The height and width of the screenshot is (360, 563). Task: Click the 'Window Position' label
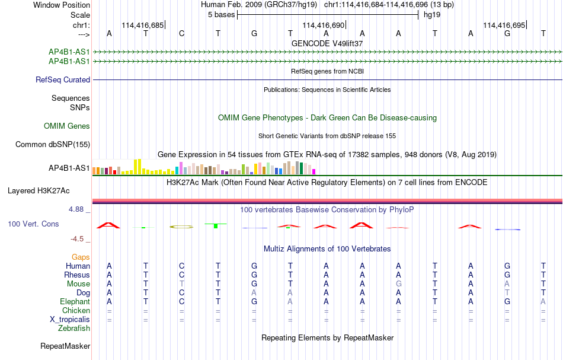tap(62, 5)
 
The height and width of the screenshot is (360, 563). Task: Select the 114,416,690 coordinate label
tap(323, 25)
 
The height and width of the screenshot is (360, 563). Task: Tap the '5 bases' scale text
tap(221, 15)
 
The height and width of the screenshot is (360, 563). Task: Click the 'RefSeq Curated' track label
tap(63, 79)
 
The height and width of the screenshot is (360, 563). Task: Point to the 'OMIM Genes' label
tap(67, 126)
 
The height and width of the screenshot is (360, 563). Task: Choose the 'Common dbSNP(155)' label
tap(53, 145)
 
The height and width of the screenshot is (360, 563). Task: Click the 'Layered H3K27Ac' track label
tap(39, 191)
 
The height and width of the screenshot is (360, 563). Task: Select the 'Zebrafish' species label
tap(74, 329)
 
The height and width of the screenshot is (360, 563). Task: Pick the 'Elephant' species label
tap(75, 302)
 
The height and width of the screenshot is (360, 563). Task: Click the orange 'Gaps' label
tap(81, 257)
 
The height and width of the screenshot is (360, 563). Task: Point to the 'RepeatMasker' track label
tap(65, 346)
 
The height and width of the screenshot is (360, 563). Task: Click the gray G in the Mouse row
tap(399, 284)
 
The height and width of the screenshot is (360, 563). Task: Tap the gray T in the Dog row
tap(507, 293)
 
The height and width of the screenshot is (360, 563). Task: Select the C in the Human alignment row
tap(182, 266)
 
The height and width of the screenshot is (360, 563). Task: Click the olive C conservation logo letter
tap(181, 227)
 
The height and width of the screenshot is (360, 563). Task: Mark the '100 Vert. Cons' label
tap(33, 224)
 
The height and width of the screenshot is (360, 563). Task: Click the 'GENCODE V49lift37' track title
tap(327, 43)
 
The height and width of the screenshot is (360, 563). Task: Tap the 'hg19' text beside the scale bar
tap(432, 15)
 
